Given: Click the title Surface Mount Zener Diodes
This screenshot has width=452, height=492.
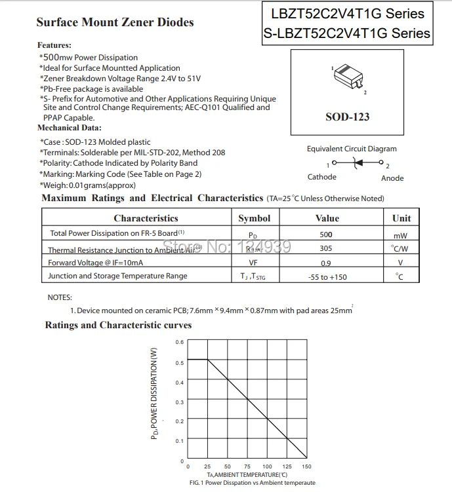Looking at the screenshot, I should (x=115, y=22).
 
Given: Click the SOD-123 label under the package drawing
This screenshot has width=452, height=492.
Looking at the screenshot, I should (x=347, y=117).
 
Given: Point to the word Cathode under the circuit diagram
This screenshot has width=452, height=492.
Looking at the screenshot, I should (x=321, y=177).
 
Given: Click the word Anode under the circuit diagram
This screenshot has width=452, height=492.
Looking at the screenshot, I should (x=392, y=178).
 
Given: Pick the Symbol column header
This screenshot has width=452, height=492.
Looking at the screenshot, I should (x=254, y=218).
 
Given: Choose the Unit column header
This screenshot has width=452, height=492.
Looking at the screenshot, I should (x=401, y=218).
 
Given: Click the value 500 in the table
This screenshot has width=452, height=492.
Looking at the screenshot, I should (x=326, y=234).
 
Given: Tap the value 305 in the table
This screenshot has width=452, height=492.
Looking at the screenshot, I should (x=326, y=248).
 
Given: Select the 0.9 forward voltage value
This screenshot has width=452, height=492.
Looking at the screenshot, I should (x=326, y=263).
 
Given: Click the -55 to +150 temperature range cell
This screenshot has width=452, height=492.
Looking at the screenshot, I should (x=327, y=277).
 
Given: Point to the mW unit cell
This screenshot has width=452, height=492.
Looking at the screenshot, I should (x=400, y=235).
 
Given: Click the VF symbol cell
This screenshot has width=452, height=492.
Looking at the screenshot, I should (x=253, y=263).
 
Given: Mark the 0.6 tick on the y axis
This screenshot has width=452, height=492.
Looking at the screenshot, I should (x=180, y=342).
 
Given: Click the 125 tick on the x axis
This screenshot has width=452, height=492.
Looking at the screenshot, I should (x=287, y=466).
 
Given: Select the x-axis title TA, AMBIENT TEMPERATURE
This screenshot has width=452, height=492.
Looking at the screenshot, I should (x=247, y=474).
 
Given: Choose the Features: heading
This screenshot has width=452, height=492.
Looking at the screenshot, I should (x=54, y=45).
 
